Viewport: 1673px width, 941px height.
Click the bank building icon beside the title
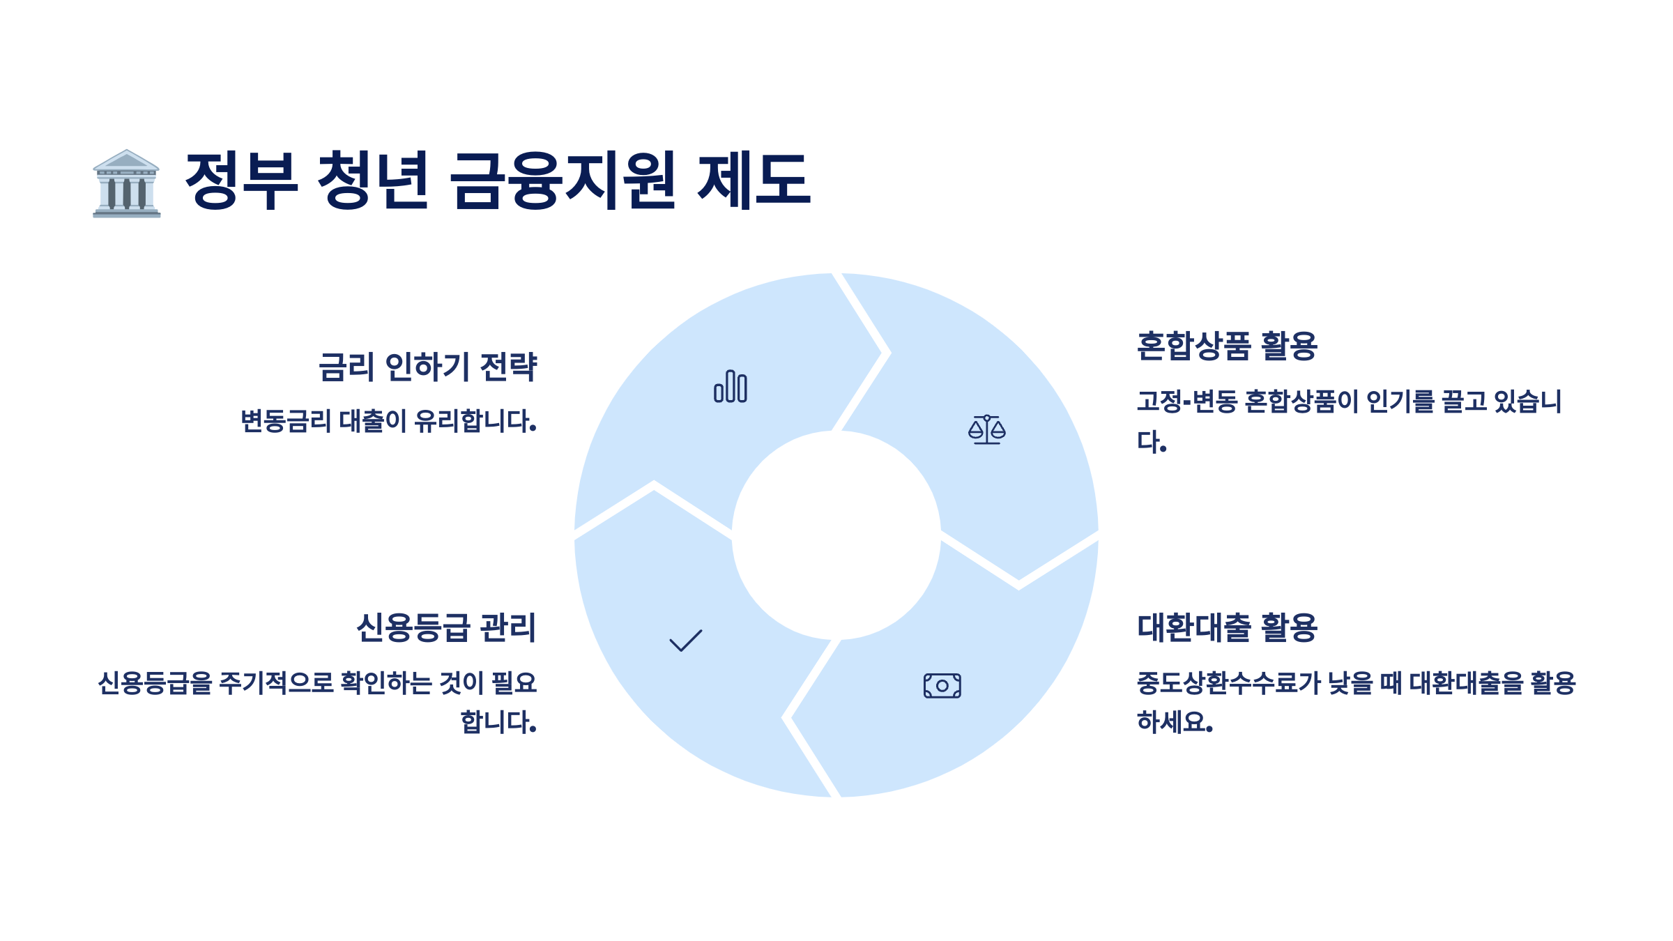click(126, 183)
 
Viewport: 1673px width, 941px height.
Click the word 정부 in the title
click(241, 181)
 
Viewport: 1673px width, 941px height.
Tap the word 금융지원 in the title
click(562, 181)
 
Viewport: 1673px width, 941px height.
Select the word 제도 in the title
click(754, 181)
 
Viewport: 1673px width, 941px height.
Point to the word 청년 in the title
click(373, 181)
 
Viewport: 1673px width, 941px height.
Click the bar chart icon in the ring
click(730, 386)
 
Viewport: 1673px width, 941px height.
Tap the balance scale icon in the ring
click(986, 429)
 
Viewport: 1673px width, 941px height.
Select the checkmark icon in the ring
click(685, 641)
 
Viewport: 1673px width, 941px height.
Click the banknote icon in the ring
click(942, 686)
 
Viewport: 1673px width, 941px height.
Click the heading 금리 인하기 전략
click(427, 367)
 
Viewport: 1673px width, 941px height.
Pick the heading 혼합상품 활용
click(1227, 346)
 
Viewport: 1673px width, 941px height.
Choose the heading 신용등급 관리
click(446, 628)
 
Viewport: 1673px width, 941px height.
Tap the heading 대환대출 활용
click(1227, 628)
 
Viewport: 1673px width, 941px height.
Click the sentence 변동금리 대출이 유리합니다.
click(388, 422)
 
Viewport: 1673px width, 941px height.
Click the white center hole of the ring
click(836, 535)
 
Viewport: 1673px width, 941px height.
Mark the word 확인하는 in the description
click(386, 683)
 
